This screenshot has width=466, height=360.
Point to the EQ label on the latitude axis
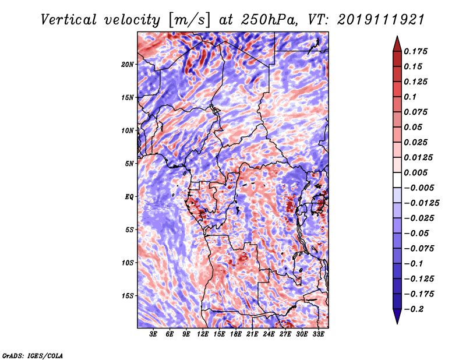click(129, 196)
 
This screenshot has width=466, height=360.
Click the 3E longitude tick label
click(154, 335)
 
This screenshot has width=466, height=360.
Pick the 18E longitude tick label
click(236, 335)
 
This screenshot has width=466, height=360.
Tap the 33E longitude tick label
click(318, 335)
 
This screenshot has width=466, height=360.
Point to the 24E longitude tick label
click(269, 335)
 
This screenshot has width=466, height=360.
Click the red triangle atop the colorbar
click(396, 43)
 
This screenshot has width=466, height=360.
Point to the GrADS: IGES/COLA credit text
click(33, 355)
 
